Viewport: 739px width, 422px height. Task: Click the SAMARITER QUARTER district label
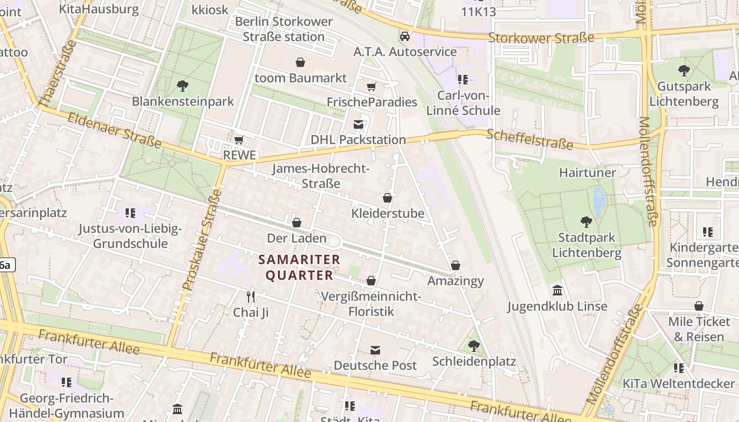click(x=299, y=267)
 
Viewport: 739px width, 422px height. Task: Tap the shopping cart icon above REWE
click(x=239, y=140)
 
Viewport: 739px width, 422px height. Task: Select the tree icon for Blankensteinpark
click(x=183, y=85)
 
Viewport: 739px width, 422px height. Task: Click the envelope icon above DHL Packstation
click(x=358, y=124)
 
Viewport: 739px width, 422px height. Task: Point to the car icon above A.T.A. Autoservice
click(x=405, y=36)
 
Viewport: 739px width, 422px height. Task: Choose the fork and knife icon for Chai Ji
click(x=251, y=297)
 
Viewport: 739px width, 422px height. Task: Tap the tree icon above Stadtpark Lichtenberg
click(x=586, y=222)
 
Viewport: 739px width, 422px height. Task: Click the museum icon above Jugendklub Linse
click(x=557, y=291)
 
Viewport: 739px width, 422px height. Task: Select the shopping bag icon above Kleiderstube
click(x=387, y=198)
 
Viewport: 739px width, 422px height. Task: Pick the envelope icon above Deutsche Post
click(x=375, y=350)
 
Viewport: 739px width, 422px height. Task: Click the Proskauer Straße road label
click(x=201, y=240)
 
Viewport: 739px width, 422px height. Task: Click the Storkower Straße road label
click(x=541, y=38)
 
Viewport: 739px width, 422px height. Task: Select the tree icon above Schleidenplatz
click(x=474, y=346)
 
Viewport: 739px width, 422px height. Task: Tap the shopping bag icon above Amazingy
click(x=456, y=265)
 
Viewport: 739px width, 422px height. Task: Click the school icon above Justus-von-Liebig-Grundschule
click(x=130, y=214)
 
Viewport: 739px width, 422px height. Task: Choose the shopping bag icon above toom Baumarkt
click(x=300, y=63)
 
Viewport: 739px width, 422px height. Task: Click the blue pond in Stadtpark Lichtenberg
click(x=599, y=200)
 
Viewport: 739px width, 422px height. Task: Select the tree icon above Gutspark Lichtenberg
click(x=684, y=71)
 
